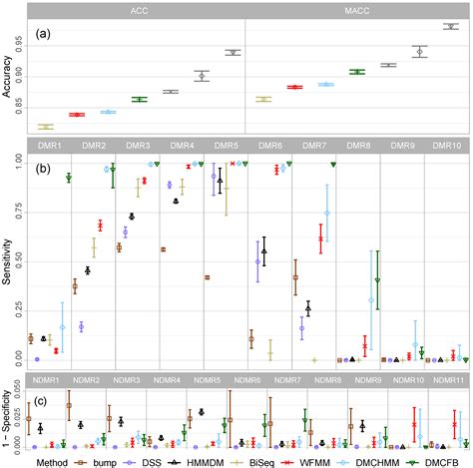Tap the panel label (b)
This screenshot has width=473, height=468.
point(43,169)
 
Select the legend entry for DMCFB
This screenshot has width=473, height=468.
point(436,460)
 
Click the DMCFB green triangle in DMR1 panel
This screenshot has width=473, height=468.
point(68,178)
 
